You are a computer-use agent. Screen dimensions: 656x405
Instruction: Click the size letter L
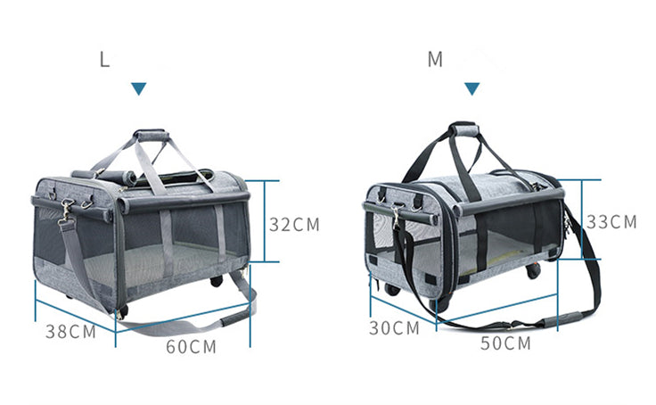104,59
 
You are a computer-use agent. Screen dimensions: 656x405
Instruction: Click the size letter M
435,59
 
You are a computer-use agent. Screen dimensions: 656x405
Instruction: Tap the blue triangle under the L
138,88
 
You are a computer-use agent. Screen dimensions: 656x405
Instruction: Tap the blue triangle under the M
471,88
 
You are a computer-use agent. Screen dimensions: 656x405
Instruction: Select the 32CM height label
294,225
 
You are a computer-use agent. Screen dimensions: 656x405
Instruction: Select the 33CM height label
611,222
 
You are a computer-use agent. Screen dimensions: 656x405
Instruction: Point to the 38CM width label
71,332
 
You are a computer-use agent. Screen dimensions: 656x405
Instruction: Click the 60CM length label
192,347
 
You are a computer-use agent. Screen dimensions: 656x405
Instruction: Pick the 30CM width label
394,328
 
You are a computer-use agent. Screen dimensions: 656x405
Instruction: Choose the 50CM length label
505,343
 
